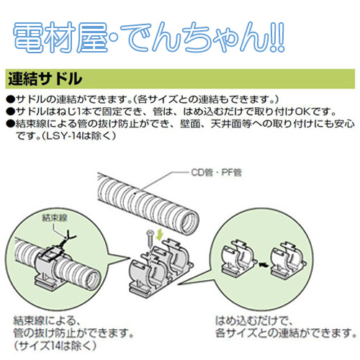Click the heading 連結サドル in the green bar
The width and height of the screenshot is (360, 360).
(x=45, y=78)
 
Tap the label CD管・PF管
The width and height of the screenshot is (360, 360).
(x=216, y=172)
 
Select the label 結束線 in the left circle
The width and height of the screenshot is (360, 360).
(x=55, y=217)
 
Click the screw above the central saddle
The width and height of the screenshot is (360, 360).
(x=150, y=238)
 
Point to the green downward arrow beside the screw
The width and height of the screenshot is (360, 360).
(x=159, y=235)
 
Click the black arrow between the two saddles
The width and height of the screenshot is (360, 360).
(x=263, y=265)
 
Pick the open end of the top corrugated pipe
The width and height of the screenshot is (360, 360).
(x=189, y=222)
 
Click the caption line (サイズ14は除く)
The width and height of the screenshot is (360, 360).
(x=55, y=346)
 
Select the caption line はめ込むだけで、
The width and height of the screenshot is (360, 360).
(x=253, y=320)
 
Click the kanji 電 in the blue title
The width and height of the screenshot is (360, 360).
(x=28, y=37)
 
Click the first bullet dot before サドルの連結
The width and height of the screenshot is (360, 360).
(x=11, y=99)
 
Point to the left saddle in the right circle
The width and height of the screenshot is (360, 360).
(x=238, y=258)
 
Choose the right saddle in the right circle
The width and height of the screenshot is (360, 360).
(x=288, y=258)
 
